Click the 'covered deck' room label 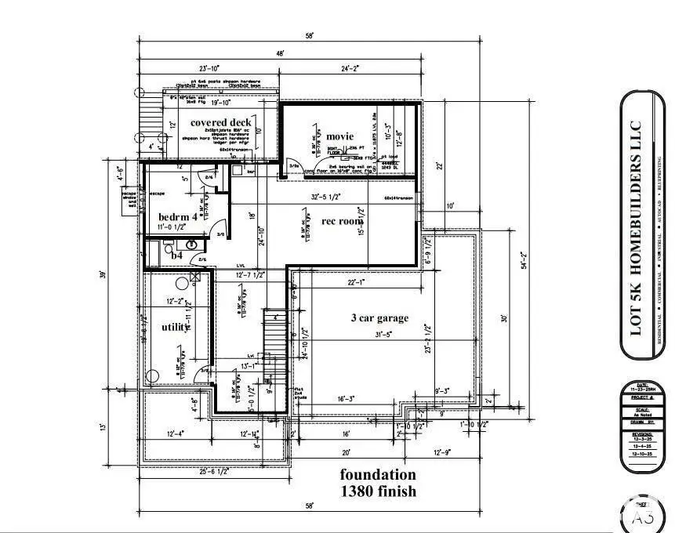[x=220, y=122]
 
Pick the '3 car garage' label [x=379, y=317]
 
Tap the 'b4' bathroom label [x=177, y=256]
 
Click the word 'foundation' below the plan [x=377, y=475]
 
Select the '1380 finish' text [x=377, y=491]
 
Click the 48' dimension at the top [x=280, y=53]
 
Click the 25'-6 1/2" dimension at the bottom [x=212, y=472]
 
